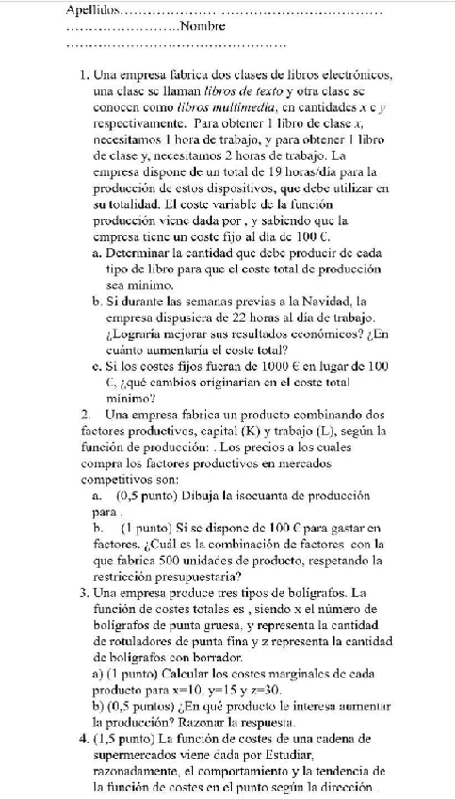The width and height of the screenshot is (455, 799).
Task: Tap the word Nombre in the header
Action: point(200,26)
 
